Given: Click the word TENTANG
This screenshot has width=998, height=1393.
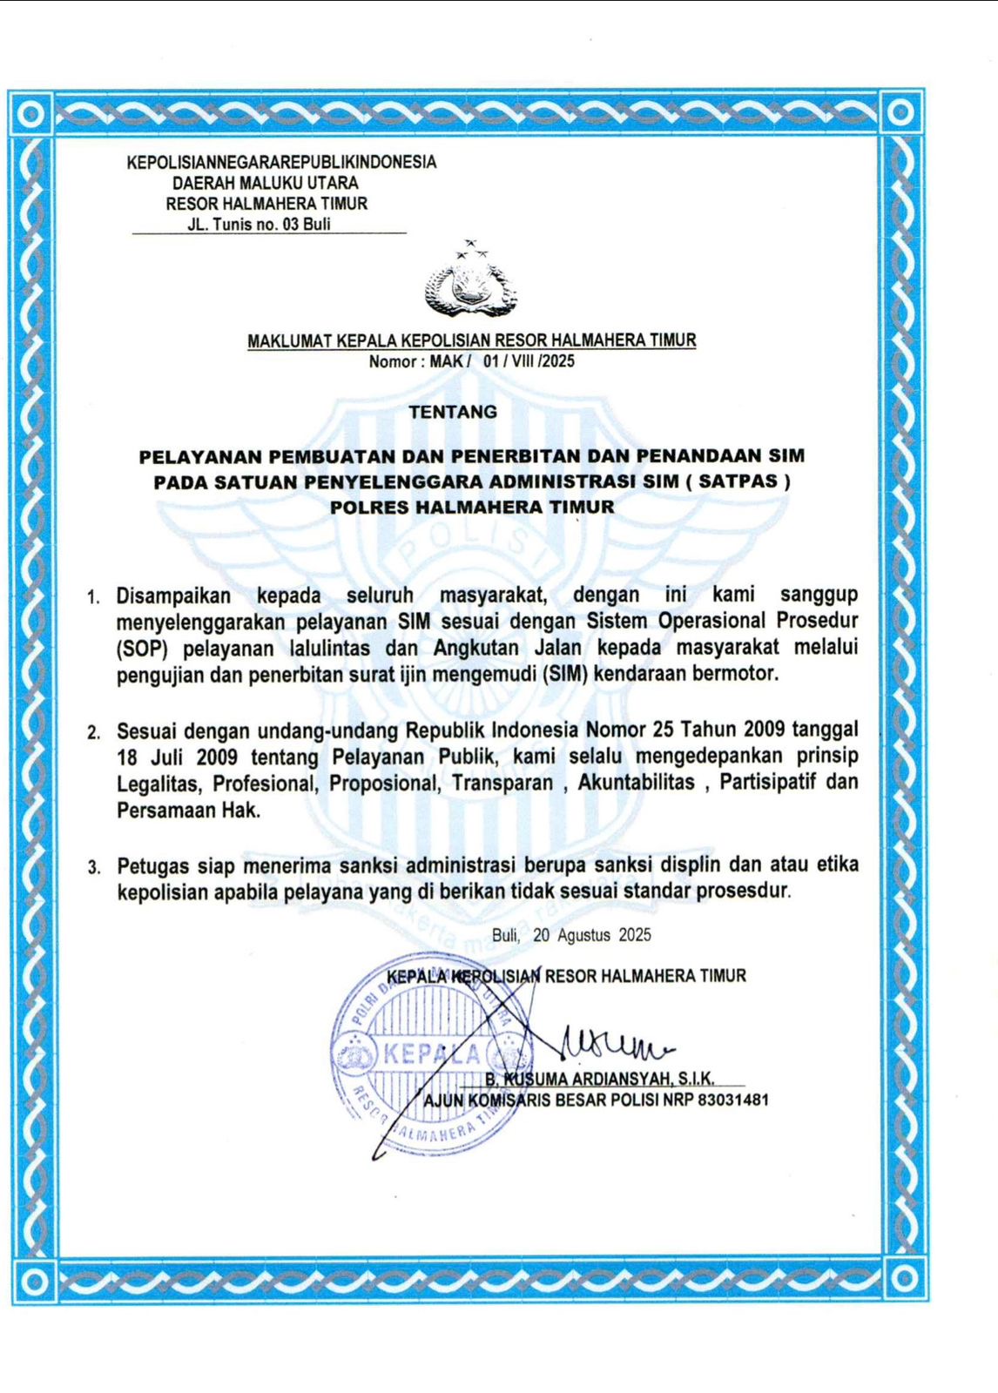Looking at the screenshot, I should [x=453, y=412].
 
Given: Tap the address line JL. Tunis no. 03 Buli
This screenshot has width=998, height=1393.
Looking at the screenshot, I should [x=259, y=225].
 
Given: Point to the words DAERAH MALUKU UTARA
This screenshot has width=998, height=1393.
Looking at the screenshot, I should [x=266, y=183].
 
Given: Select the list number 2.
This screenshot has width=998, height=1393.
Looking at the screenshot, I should [x=93, y=732].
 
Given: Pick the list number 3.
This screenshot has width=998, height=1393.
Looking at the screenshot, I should [x=93, y=867].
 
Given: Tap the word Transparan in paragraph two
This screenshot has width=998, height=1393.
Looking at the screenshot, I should [x=502, y=783].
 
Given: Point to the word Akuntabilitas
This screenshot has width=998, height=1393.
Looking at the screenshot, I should [x=636, y=783].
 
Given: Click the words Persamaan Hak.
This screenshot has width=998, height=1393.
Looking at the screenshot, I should [x=188, y=810].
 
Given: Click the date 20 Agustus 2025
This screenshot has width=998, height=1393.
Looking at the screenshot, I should [x=592, y=935].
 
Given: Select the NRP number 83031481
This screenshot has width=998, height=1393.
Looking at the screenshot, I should [x=733, y=1100].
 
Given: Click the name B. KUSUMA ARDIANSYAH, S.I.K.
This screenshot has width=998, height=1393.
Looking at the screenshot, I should [x=600, y=1080].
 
